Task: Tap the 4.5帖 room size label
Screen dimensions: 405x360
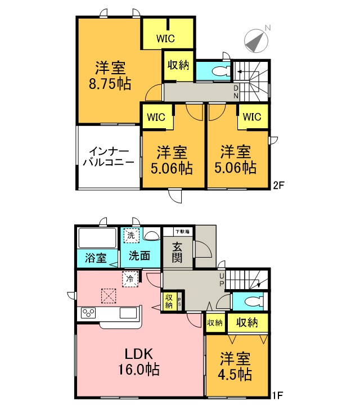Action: click(236, 366)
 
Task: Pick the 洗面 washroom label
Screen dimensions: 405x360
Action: click(139, 256)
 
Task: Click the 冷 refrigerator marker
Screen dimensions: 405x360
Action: click(130, 277)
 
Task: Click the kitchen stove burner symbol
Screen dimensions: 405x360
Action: click(89, 313)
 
